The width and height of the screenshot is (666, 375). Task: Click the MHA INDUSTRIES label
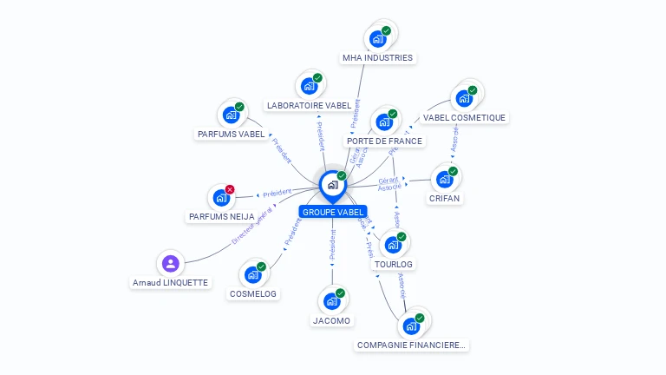coord(378,58)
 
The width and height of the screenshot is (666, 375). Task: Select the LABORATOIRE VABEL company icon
coord(308,87)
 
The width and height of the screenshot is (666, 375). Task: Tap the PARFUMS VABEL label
coord(231,134)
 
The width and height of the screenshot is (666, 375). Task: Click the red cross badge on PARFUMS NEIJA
coord(230,189)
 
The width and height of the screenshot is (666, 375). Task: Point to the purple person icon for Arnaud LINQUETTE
coord(170,263)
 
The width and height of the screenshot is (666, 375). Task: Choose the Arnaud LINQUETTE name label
coord(170,283)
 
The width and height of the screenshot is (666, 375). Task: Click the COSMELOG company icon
coord(253,274)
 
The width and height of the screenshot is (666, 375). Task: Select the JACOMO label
coord(331,320)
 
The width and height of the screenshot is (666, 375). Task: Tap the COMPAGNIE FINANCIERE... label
coord(411,345)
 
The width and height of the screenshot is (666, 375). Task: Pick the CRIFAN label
coord(444,198)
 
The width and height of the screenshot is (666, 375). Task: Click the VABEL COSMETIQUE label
coord(464,117)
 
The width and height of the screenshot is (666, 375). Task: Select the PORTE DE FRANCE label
coord(384,141)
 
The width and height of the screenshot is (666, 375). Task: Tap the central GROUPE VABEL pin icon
coord(333,185)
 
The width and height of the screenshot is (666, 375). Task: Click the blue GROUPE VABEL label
coord(333,212)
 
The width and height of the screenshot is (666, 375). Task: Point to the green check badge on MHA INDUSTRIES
coord(386,30)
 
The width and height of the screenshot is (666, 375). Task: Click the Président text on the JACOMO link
coord(332,246)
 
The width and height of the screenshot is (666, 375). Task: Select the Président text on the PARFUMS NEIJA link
coord(277,193)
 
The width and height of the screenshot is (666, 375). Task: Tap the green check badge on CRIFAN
coord(453,171)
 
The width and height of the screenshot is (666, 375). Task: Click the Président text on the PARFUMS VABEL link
coord(282,150)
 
